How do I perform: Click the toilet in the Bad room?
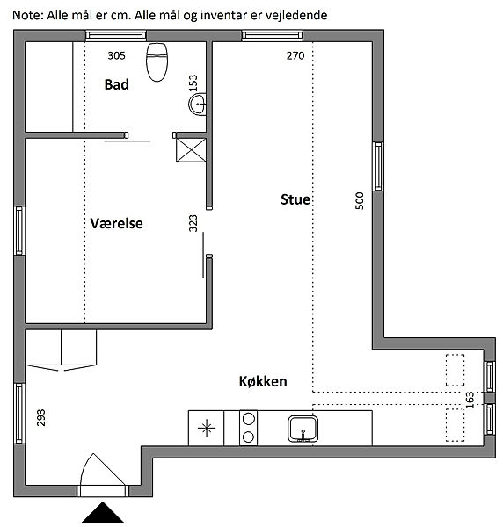point(157,61)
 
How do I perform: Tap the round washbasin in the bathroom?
point(198,105)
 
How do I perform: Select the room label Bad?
point(116,84)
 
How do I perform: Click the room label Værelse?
point(116,223)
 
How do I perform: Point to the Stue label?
point(295,199)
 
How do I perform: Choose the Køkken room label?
point(263,381)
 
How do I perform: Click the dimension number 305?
point(116,55)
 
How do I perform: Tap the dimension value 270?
point(295,55)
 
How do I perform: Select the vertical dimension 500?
point(360,200)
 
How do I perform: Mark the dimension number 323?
point(193,223)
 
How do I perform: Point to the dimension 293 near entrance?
point(40,418)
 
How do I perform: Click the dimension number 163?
point(470,400)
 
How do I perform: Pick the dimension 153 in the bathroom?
point(193,83)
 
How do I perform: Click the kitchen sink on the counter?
point(303,429)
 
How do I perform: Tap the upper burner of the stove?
point(248,419)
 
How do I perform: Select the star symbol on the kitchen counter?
point(207,428)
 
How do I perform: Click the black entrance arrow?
point(103,513)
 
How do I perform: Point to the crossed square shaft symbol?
point(191,150)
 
